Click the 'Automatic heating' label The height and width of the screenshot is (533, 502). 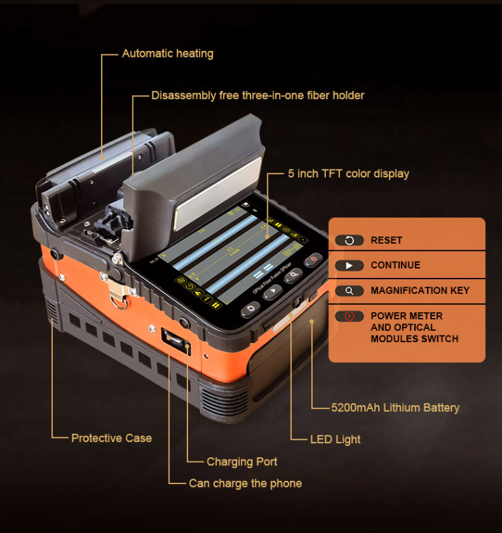167,54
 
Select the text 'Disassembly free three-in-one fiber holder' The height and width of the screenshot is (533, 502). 258,96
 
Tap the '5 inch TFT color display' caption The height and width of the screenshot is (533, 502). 348,174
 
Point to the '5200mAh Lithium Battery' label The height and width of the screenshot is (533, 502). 395,407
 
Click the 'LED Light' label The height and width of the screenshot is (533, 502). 335,439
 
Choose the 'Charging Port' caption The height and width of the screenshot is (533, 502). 242,461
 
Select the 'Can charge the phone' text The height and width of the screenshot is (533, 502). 245,483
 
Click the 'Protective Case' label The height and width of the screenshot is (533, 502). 111,438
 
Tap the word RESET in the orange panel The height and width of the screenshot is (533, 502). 386,240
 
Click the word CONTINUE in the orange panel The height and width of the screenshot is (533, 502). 396,265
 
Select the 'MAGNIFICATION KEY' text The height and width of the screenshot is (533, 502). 420,291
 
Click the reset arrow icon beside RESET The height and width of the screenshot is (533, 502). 349,240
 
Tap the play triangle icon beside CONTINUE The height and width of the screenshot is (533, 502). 349,265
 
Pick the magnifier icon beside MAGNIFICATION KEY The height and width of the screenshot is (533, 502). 349,291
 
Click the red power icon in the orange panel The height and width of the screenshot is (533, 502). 349,316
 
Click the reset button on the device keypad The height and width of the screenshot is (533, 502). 250,309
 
